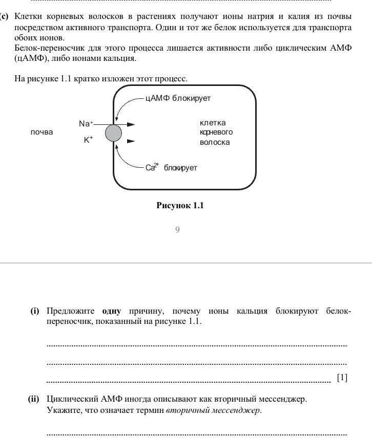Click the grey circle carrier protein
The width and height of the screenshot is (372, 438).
click(113, 133)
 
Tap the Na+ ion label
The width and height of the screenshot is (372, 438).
click(86, 124)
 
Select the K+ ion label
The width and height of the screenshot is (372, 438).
click(89, 140)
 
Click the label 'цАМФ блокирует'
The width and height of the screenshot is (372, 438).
click(178, 98)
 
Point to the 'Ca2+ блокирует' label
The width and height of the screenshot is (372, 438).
click(171, 167)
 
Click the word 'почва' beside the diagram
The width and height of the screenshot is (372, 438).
click(42, 132)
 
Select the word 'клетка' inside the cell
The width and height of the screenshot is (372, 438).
click(213, 123)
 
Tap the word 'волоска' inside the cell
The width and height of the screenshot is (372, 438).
click(215, 142)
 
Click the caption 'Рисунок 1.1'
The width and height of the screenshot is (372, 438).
click(180, 206)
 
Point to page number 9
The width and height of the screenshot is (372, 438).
click(177, 230)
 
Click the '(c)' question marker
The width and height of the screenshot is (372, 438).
click(5, 16)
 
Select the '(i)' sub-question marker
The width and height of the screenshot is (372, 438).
click(35, 311)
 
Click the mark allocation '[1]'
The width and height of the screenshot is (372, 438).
click(342, 378)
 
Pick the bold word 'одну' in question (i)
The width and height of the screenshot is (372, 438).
click(112, 311)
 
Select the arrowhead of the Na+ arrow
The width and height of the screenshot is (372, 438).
click(131, 124)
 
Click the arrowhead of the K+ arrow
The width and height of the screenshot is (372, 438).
click(131, 141)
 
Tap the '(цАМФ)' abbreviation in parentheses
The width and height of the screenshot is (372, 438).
click(32, 58)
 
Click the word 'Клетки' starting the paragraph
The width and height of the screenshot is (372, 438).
click(28, 16)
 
